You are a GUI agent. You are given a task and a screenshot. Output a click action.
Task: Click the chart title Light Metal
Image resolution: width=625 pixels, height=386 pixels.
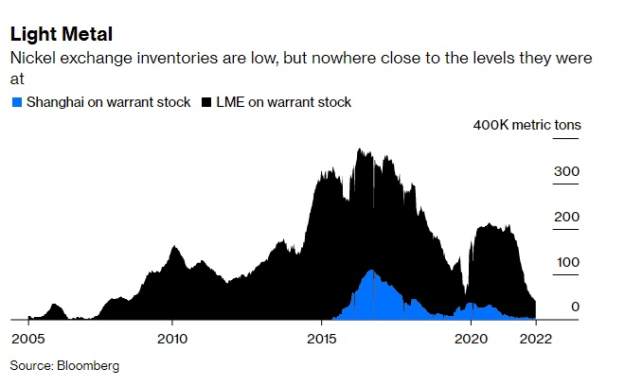point(62,35)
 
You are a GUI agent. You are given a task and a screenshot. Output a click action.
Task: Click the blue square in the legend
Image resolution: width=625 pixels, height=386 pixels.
point(16,102)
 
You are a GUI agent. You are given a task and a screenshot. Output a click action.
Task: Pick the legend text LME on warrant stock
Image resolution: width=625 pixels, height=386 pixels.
point(283,102)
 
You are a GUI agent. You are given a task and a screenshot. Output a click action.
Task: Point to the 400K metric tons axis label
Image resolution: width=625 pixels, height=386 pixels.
point(527,125)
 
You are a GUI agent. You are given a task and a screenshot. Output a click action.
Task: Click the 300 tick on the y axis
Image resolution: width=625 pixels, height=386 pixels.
point(566,171)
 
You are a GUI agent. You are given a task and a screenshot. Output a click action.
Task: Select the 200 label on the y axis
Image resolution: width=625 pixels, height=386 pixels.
point(566,217)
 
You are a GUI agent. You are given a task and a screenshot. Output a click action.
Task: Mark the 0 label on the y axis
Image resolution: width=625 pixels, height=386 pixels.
point(575,307)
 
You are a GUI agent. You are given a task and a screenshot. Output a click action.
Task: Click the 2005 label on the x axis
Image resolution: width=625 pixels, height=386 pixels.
point(27,338)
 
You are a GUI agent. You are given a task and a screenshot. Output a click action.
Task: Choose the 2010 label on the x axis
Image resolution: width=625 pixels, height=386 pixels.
point(172,338)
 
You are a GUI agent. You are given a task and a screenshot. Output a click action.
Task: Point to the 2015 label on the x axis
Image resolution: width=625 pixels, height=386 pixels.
point(322,338)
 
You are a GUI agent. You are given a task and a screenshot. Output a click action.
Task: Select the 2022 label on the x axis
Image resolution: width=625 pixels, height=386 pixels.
point(536,338)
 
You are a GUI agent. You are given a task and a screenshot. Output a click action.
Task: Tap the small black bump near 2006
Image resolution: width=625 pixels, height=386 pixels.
point(55,307)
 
